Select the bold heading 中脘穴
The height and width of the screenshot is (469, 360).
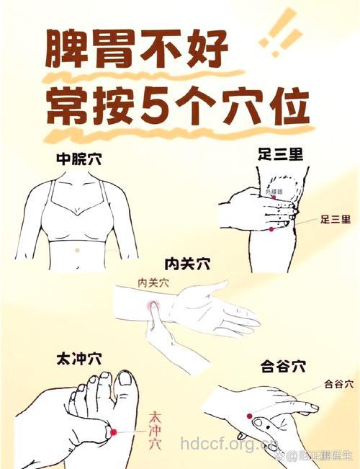coord(78,159)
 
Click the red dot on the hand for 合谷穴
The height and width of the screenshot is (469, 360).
coord(249,416)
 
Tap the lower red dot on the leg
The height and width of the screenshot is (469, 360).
coord(271,228)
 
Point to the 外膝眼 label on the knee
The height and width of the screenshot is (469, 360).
coord(274,192)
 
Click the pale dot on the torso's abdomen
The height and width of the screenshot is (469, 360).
coord(77,249)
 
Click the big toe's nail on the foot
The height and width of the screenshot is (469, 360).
coord(125,378)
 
